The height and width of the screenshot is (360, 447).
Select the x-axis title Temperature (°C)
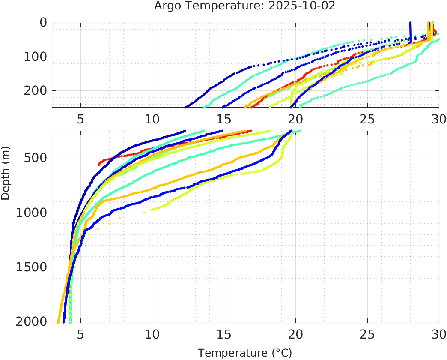pos(244,353)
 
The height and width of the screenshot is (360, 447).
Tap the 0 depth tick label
pos(43,22)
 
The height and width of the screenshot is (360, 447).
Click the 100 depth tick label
pos(36,57)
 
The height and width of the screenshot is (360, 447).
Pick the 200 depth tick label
pos(36,90)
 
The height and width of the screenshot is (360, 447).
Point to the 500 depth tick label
pos(36,158)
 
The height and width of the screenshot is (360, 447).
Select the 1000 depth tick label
pos(32,213)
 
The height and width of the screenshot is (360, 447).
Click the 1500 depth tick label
pos(32,267)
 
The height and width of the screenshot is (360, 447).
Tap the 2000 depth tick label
pos(32,321)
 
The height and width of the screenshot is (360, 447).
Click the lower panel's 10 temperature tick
pos(152,334)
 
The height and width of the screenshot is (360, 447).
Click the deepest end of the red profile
pos(99,164)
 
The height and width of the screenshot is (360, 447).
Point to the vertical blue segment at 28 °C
pos(410,32)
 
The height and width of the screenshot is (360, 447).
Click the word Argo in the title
pos(167,6)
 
